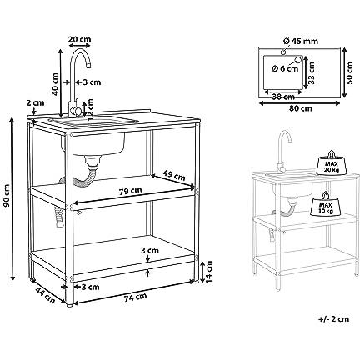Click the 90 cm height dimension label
tap(7, 195)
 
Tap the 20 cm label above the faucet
tap(80, 39)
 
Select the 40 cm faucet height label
tap(55, 84)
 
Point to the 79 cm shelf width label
tap(130, 192)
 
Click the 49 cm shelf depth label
tap(174, 175)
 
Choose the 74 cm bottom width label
tap(135, 297)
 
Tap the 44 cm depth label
tap(45, 295)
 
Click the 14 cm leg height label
tap(208, 272)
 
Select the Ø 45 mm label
tap(301, 42)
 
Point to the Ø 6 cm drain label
tap(286, 68)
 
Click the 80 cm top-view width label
tap(300, 108)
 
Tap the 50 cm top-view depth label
tap(350, 72)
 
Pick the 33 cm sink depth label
tap(312, 73)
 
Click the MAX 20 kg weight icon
tap(332, 163)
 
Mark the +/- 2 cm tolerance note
tap(333, 319)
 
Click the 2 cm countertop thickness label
tap(35, 102)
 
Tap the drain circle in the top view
tap(298, 59)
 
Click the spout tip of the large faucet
tap(89, 66)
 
